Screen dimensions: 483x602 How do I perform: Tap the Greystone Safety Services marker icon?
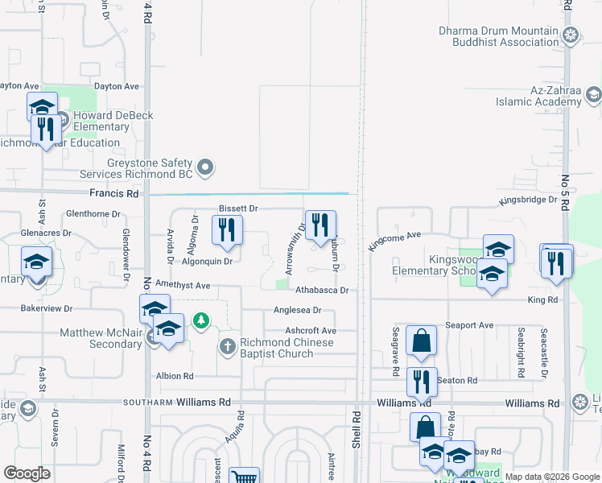click(206, 167)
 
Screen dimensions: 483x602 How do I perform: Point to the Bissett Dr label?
click(238, 208)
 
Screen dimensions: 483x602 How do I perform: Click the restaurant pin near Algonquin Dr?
click(227, 230)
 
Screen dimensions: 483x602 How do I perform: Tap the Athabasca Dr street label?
click(321, 290)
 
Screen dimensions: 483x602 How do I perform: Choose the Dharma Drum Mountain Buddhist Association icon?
click(571, 35)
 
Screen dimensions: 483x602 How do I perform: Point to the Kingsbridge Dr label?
click(530, 199)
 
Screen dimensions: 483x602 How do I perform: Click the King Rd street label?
click(543, 299)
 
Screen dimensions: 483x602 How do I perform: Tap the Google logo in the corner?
click(27, 473)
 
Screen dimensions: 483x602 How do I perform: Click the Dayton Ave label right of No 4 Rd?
click(117, 86)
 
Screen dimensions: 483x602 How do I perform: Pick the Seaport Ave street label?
click(475, 325)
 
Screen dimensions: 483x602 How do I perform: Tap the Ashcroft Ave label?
click(311, 331)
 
